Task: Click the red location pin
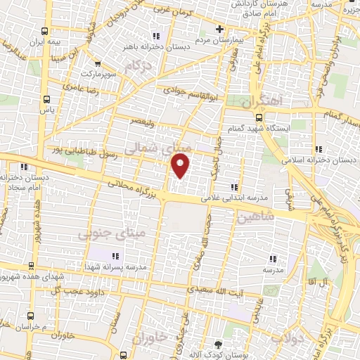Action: click(181, 166)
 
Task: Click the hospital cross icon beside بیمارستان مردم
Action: click(220, 30)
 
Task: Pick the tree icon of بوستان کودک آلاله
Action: click(217, 345)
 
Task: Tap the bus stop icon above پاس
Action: click(47, 99)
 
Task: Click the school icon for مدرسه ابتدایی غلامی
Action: click(233, 187)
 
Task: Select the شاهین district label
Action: click(253, 219)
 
